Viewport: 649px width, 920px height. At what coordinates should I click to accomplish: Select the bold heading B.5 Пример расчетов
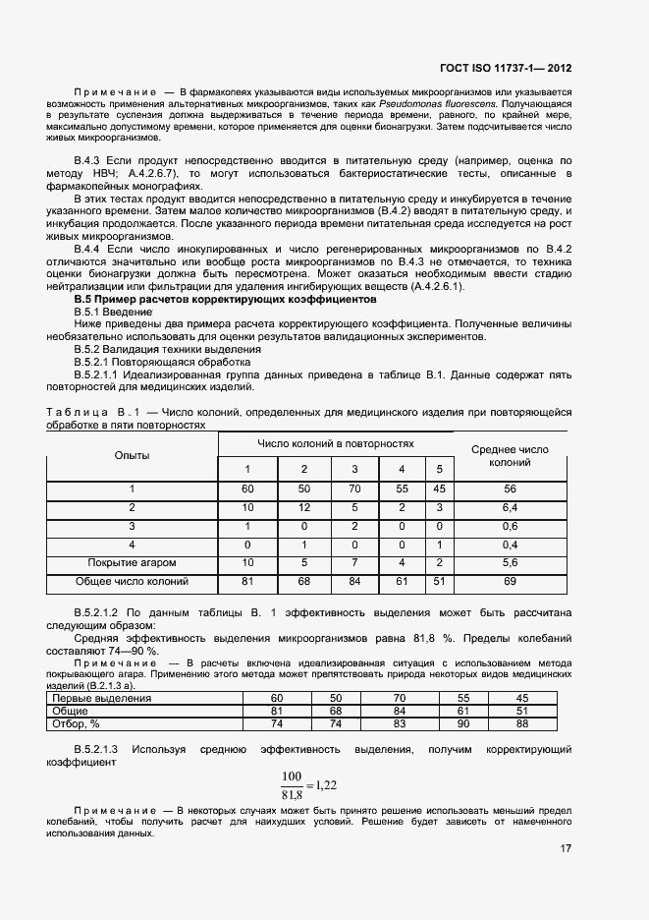click(x=224, y=298)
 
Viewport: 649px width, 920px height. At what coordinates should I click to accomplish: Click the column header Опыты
click(x=132, y=455)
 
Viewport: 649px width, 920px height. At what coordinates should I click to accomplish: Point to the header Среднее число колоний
click(x=510, y=455)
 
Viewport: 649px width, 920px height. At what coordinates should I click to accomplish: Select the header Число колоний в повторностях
click(x=336, y=443)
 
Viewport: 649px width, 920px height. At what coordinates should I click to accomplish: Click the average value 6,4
click(x=510, y=507)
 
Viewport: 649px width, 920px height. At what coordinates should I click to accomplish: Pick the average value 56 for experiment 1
click(x=510, y=489)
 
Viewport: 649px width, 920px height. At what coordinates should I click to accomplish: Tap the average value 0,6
click(x=510, y=526)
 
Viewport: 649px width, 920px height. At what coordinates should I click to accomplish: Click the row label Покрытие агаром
click(x=132, y=562)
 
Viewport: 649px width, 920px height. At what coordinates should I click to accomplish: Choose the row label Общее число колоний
click(x=132, y=581)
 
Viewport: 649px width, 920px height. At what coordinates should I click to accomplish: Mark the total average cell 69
click(x=510, y=581)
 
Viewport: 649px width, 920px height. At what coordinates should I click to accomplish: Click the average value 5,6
click(x=510, y=562)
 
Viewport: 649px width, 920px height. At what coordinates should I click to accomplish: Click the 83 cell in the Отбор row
click(x=399, y=723)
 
